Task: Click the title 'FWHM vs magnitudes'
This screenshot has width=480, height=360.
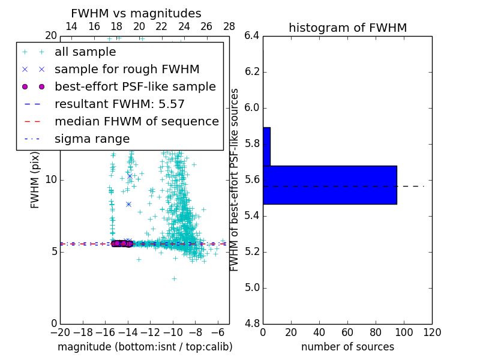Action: pos(136,13)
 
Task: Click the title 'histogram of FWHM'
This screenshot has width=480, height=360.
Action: pos(347,28)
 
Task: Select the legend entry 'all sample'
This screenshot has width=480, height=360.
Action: pos(85,52)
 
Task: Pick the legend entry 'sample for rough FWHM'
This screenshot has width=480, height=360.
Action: pos(127,70)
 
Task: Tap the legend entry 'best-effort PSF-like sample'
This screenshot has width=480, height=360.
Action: pos(135,86)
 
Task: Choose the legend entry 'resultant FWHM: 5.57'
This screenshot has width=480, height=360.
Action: pos(119,104)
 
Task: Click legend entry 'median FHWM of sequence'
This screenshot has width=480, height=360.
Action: pos(136,121)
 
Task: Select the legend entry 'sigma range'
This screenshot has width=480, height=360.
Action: pos(92,139)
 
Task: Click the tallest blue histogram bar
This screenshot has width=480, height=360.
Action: pos(329,185)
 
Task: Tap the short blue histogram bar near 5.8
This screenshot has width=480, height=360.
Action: pos(266,146)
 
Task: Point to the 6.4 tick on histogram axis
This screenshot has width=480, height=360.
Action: pos(252,35)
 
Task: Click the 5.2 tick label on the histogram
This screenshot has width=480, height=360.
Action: pos(252,251)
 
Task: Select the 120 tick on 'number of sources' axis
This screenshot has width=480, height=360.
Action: pos(431,332)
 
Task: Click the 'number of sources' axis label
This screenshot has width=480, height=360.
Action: pos(347,347)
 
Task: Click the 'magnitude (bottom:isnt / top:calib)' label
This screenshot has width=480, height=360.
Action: pos(145,347)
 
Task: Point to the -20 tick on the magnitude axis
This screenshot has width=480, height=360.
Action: pos(60,332)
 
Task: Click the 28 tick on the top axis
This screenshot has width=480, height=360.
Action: pos(229,26)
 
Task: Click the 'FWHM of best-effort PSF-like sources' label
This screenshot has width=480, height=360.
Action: pos(235,179)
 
